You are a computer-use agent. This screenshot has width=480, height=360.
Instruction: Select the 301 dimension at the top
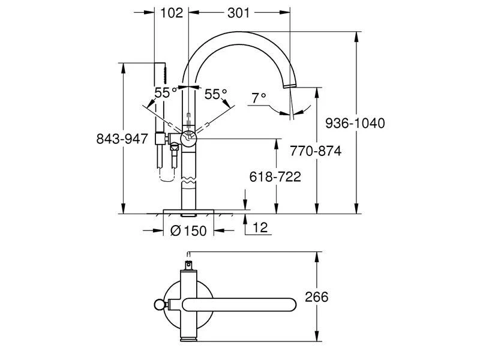point(239,13)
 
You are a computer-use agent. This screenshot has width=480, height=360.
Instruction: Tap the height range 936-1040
point(355,123)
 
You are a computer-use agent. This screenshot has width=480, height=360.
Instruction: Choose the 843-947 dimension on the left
point(122,139)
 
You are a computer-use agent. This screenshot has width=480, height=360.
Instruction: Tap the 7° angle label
point(259,98)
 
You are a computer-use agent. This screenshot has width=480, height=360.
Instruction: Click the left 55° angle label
point(166,93)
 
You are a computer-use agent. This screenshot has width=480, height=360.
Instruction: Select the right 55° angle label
point(216,94)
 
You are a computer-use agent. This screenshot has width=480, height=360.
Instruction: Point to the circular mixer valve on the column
point(188,138)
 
